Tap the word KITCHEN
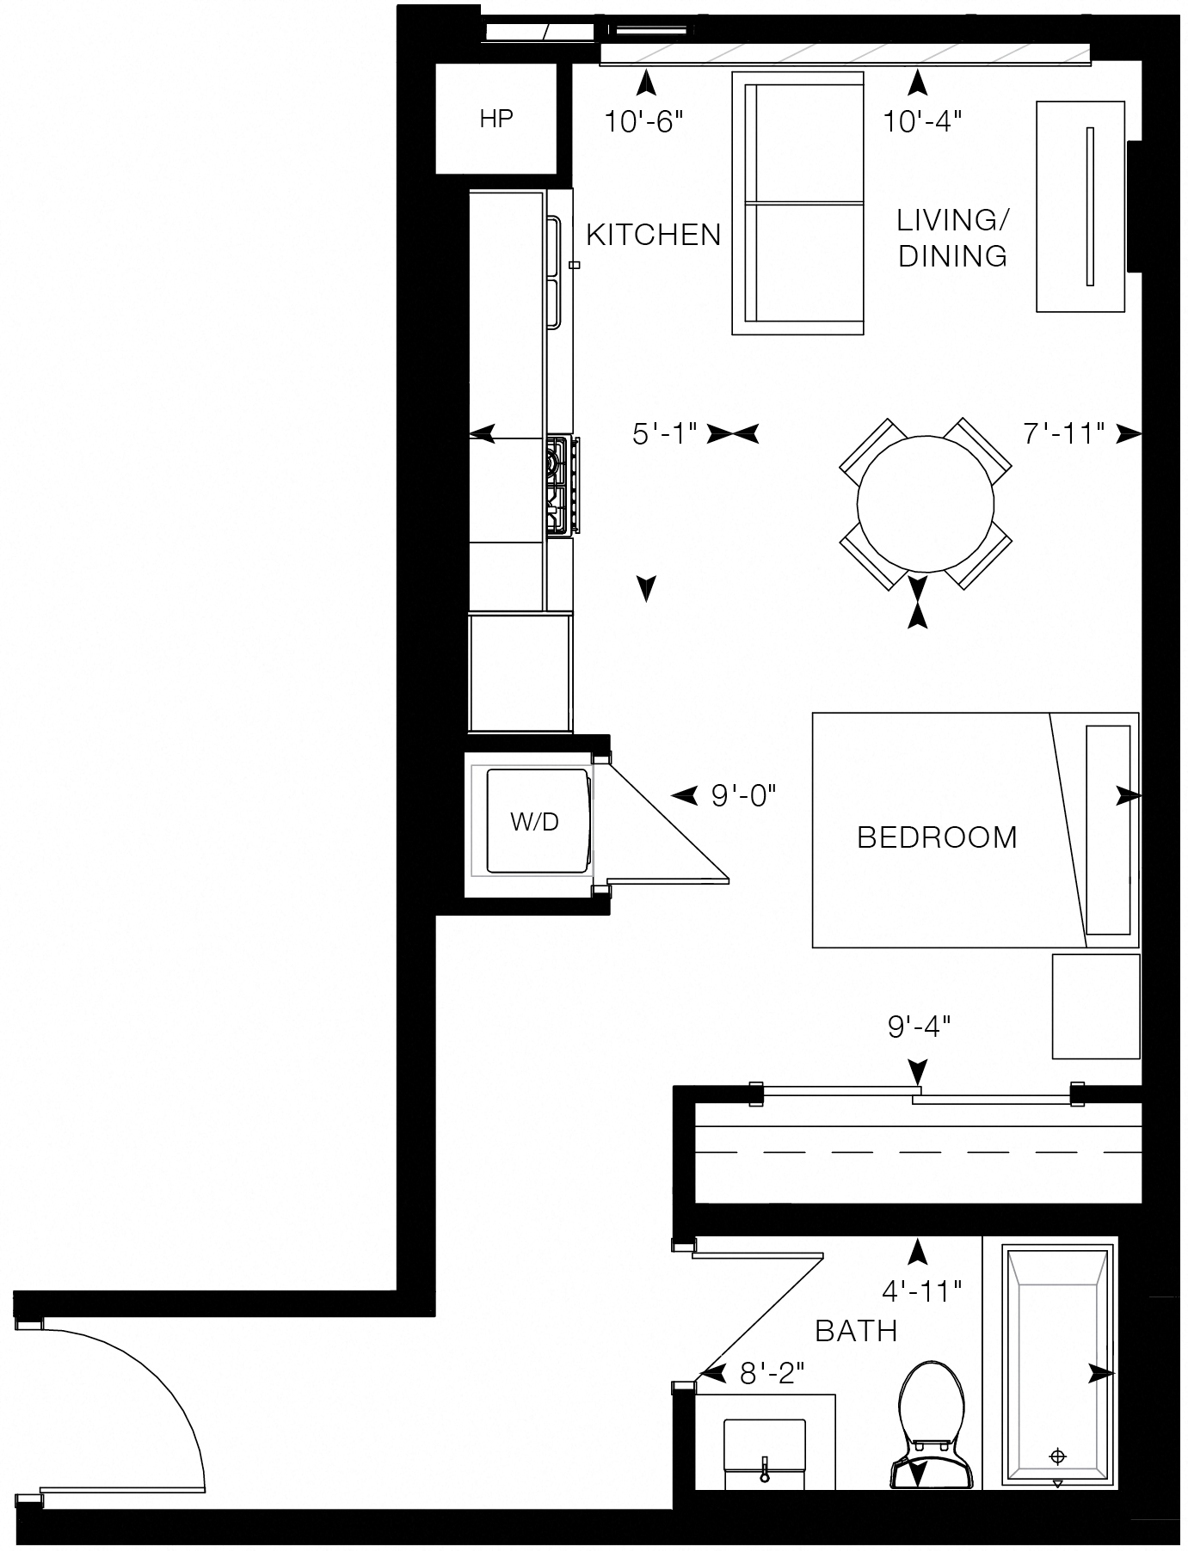653,235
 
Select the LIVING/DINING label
952,238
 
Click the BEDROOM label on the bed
937,837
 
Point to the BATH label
856,1331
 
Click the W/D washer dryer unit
535,822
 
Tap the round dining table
926,503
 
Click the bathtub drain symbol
1057,1456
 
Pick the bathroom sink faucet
763,1473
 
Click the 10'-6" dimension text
643,122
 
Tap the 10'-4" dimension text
921,122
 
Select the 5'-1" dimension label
664,434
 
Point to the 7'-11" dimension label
1063,434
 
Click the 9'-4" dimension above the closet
918,1025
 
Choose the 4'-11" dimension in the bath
920,1290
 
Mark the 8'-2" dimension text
772,1374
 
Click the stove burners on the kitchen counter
561,486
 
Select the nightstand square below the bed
1096,1006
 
